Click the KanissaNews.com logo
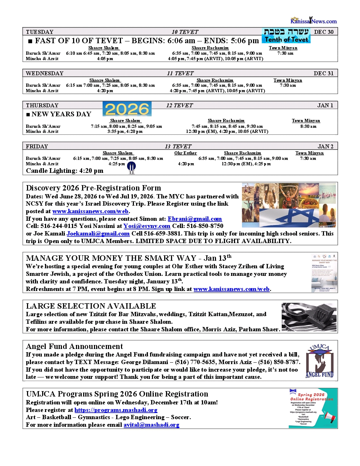(x=314, y=21)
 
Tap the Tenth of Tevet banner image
(x=286, y=36)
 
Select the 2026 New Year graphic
(x=127, y=109)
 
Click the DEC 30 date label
(x=324, y=32)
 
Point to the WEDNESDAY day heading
(x=45, y=73)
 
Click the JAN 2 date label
(x=325, y=146)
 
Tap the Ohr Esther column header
(x=185, y=153)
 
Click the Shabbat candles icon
(x=132, y=168)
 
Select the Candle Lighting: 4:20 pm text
(x=64, y=171)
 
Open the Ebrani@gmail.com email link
(x=195, y=219)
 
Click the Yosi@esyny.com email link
(x=147, y=226)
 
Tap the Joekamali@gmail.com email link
(x=98, y=233)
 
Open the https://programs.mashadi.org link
(x=116, y=410)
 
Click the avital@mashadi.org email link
(x=151, y=425)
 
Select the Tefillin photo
(x=309, y=317)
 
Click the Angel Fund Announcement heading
(x=75, y=346)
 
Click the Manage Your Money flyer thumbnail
(x=324, y=273)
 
